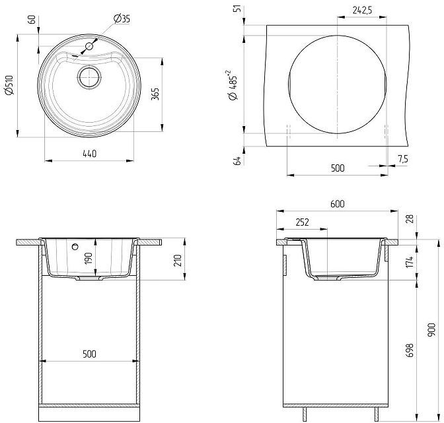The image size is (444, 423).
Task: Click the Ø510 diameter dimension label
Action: click(9, 85)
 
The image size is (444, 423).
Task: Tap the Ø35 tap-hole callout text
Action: click(122, 18)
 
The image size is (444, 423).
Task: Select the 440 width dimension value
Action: click(89, 154)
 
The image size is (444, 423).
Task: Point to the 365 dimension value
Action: click(155, 94)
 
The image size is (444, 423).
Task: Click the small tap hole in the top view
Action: click(89, 46)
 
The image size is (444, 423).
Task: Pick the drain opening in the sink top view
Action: click(89, 77)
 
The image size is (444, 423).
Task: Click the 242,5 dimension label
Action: click(362, 10)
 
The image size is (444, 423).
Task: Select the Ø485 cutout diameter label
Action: click(233, 85)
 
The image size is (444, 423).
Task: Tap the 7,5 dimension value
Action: click(403, 159)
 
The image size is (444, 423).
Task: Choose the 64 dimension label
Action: click(237, 160)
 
